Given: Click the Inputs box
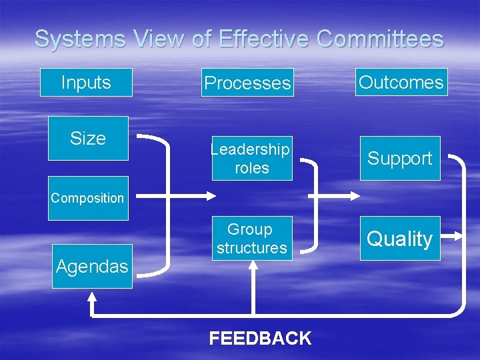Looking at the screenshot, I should click(x=86, y=83).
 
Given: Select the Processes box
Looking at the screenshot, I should click(x=247, y=83).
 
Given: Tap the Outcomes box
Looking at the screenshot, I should click(x=401, y=82).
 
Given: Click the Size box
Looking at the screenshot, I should click(x=88, y=138).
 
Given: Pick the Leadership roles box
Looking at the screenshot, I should click(x=252, y=158).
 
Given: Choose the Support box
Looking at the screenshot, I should click(x=400, y=158).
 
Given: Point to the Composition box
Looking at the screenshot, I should click(x=88, y=198).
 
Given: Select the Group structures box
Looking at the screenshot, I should click(x=251, y=238).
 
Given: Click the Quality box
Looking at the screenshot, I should click(x=400, y=238).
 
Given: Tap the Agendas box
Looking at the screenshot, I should click(x=92, y=267).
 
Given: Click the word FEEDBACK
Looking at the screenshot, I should click(x=260, y=338).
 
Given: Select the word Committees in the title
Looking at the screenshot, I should click(x=380, y=39).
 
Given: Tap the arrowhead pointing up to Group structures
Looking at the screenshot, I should click(x=253, y=265).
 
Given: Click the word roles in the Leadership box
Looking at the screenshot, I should click(x=252, y=168).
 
